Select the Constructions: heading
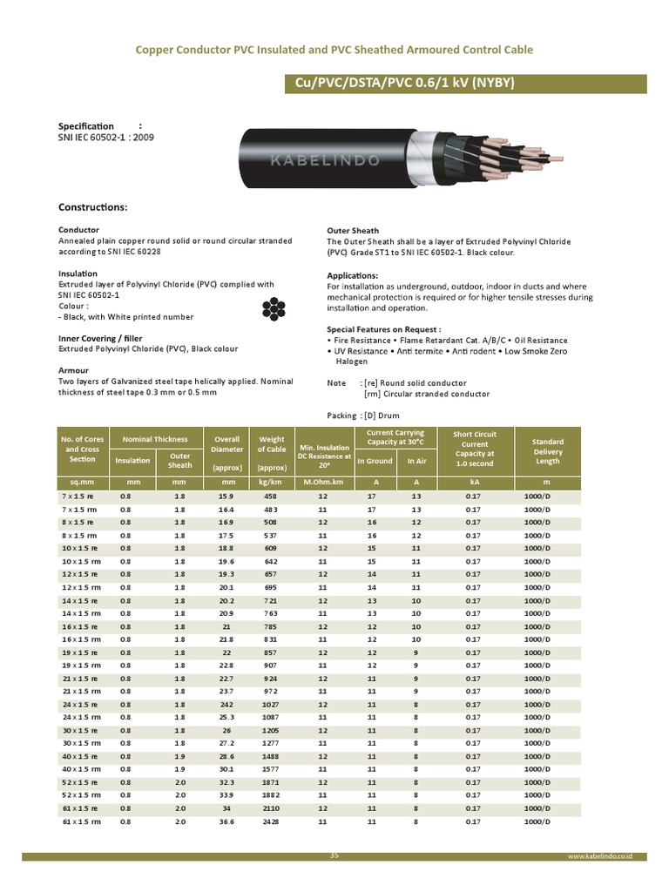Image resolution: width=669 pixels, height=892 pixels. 93,208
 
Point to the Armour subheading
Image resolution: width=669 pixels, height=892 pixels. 73,370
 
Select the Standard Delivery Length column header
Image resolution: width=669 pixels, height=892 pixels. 547,451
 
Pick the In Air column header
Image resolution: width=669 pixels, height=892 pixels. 416,461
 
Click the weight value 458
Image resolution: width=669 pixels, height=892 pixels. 270,496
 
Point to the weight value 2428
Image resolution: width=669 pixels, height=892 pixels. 270,821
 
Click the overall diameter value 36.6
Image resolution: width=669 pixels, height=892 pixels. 228,821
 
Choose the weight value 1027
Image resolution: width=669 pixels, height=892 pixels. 270,705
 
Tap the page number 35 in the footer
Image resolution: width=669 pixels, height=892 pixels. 334,855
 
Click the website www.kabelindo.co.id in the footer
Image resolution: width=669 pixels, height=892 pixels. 599,857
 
